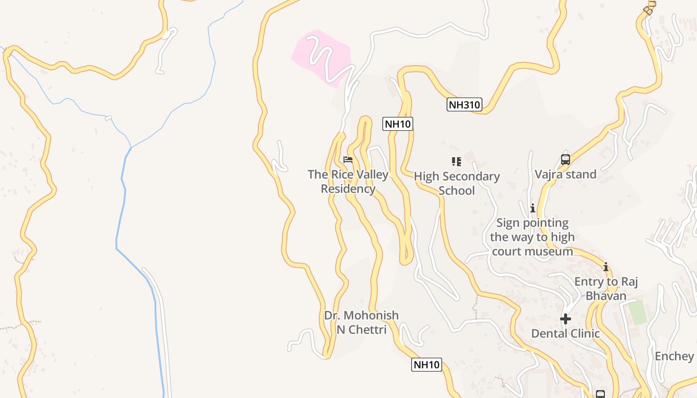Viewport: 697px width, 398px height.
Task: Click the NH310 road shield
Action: (x=464, y=104)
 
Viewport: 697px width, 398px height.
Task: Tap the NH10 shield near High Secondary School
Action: (x=397, y=124)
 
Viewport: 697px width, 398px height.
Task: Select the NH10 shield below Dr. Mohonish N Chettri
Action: (x=427, y=365)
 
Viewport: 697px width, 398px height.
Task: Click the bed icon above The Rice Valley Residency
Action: (x=348, y=160)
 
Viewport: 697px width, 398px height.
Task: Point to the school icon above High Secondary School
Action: (x=456, y=161)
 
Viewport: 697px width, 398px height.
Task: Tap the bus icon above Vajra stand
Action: (x=565, y=160)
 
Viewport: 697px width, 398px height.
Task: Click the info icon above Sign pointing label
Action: (x=532, y=208)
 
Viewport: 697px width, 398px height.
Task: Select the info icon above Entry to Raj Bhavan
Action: (x=606, y=267)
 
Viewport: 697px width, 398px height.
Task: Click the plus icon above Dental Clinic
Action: (x=565, y=318)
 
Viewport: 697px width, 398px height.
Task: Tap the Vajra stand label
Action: (x=565, y=174)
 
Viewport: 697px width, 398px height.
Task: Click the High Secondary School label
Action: (x=457, y=183)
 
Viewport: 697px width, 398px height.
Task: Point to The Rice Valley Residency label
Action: (x=348, y=181)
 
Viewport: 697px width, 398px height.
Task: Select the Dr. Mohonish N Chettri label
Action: (x=361, y=322)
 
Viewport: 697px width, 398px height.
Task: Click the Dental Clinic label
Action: (x=565, y=333)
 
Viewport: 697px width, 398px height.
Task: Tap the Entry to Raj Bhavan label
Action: (x=606, y=289)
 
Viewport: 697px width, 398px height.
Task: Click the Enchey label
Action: (x=674, y=356)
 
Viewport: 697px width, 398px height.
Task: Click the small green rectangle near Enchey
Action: (x=637, y=312)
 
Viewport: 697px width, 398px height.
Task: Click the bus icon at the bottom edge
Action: (x=600, y=395)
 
